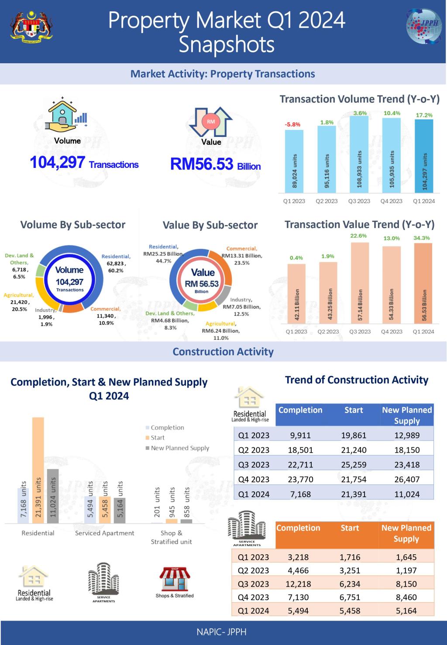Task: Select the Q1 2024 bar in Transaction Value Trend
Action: pyautogui.click(x=423, y=283)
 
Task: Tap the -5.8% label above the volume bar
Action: pyautogui.click(x=292, y=125)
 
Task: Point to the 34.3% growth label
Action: pyautogui.click(x=422, y=238)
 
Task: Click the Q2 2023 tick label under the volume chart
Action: pyautogui.click(x=327, y=201)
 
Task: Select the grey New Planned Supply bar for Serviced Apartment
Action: pyautogui.click(x=119, y=510)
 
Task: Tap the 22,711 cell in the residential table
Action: pyautogui.click(x=301, y=464)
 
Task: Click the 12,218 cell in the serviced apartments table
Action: pyautogui.click(x=298, y=584)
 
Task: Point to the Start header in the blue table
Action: pyautogui.click(x=354, y=410)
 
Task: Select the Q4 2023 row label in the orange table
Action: pyautogui.click(x=254, y=597)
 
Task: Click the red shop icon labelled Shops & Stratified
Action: pyautogui.click(x=175, y=580)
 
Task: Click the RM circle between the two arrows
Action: pyautogui.click(x=211, y=122)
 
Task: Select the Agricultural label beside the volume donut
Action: pyautogui.click(x=19, y=295)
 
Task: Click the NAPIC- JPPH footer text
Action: pyautogui.click(x=223, y=631)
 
